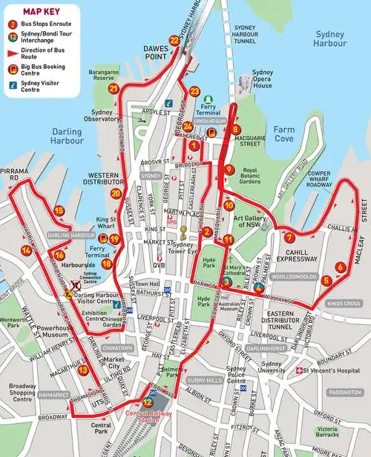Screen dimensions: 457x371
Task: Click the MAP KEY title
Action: tap(42, 12)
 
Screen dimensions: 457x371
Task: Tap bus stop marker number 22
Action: tap(174, 40)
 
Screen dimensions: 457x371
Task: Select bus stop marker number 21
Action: tap(114, 88)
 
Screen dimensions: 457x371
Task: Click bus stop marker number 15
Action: tap(59, 210)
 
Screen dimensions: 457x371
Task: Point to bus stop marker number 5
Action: tap(327, 281)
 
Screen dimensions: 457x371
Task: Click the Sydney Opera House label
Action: tap(263, 79)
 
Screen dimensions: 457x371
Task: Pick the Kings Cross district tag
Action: tap(344, 303)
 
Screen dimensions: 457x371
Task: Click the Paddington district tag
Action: tap(346, 392)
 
